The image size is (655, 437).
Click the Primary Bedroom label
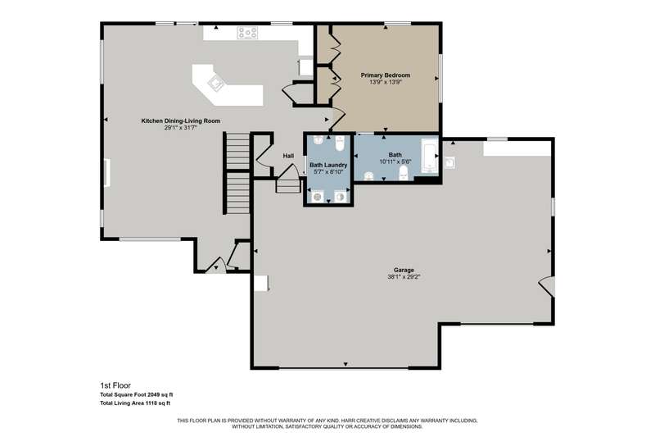click(385, 75)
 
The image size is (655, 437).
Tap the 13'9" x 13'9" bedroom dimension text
click(385, 82)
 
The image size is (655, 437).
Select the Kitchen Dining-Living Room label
click(180, 121)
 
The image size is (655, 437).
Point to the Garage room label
click(404, 270)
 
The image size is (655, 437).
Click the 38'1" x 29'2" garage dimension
click(404, 277)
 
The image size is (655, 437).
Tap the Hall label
click(288, 156)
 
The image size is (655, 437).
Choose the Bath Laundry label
click(328, 165)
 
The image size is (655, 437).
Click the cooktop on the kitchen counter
click(247, 33)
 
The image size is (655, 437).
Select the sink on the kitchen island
click(216, 82)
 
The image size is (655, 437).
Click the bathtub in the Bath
click(429, 156)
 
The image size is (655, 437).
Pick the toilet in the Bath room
click(403, 173)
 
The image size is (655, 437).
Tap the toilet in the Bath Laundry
click(340, 143)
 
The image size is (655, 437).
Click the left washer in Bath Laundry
click(318, 196)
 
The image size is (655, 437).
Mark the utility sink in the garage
click(449, 163)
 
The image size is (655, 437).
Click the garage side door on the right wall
click(547, 286)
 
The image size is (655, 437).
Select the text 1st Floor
click(115, 385)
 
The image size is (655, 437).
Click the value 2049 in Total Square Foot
click(150, 394)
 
